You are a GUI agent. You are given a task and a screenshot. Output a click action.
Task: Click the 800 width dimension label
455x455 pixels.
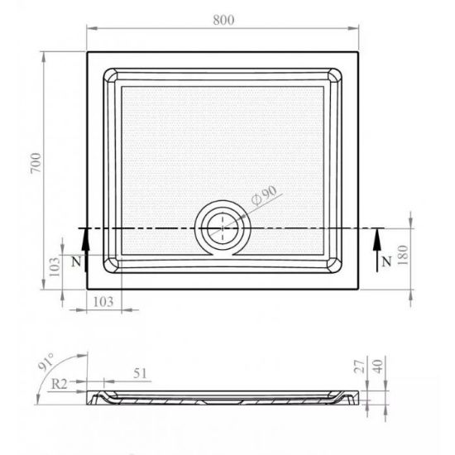point(223,20)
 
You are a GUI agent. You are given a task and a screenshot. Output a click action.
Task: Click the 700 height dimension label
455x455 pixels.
point(36,163)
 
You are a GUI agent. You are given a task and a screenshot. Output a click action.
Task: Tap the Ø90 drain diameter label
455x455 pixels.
point(264,195)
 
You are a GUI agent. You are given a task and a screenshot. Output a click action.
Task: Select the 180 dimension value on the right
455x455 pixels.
point(403,255)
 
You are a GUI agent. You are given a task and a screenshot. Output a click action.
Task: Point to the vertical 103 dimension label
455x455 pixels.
point(55,266)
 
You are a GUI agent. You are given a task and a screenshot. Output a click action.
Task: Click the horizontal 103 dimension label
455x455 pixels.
point(103,302)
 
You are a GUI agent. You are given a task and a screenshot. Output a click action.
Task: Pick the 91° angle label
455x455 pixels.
point(45,362)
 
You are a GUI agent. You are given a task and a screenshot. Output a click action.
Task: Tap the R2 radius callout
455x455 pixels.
point(60,384)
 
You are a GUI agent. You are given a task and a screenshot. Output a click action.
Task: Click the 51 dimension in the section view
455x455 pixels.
point(140,373)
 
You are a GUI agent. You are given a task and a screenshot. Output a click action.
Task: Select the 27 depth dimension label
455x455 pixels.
point(359,366)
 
